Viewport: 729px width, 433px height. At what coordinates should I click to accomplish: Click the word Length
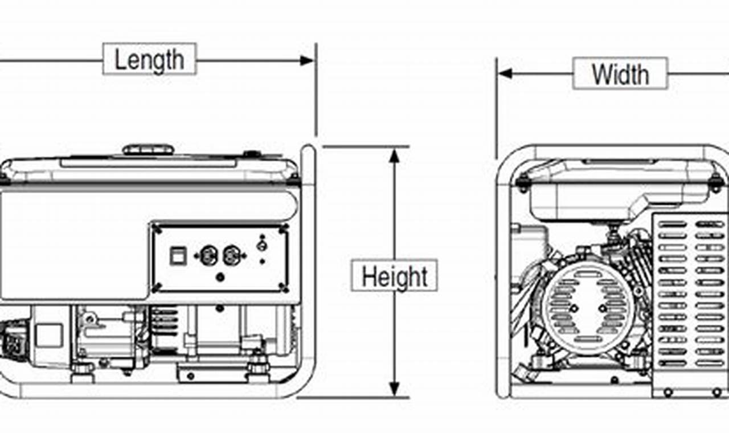click(149, 60)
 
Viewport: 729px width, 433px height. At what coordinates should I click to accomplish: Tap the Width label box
click(620, 74)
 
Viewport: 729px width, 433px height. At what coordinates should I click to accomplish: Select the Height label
click(394, 276)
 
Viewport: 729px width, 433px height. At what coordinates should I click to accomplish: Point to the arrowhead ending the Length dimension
click(308, 60)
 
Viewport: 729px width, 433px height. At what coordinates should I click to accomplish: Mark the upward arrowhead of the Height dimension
click(394, 155)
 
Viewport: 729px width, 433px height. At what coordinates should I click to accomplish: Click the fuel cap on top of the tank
click(148, 150)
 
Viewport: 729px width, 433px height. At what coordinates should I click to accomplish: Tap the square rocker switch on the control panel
click(178, 256)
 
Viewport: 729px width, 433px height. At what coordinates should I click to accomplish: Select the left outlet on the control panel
click(208, 255)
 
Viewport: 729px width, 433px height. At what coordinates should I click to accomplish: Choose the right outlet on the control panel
click(231, 255)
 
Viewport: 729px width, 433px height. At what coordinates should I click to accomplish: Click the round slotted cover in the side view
click(588, 308)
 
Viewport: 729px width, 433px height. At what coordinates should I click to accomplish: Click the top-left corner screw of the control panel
click(157, 228)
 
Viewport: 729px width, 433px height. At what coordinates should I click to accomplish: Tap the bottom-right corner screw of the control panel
click(283, 289)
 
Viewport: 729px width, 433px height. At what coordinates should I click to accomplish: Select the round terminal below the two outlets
click(220, 277)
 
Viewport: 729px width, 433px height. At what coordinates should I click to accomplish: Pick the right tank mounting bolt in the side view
click(715, 182)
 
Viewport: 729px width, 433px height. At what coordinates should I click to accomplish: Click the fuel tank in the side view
click(604, 191)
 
